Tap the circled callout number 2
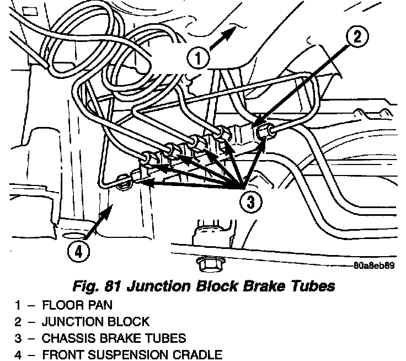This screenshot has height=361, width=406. point(357,38)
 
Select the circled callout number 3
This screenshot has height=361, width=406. point(251,203)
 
